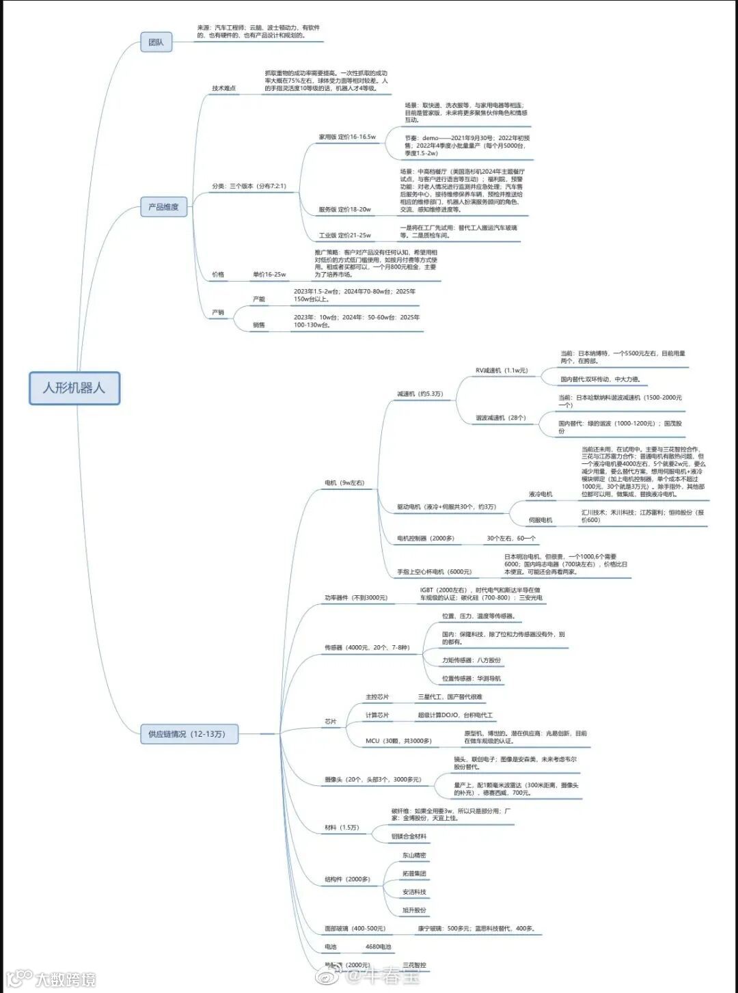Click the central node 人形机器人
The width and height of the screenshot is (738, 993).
[74, 387]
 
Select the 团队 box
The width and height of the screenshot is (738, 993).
[156, 42]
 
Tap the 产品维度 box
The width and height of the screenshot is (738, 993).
[163, 207]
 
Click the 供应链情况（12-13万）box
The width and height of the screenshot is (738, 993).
[186, 734]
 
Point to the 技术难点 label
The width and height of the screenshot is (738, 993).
[223, 88]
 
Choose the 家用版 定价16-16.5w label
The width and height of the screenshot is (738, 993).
[347, 137]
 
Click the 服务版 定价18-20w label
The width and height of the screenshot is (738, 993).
[344, 209]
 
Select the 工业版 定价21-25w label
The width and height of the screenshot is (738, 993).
[344, 235]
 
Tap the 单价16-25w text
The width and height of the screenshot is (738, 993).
[269, 275]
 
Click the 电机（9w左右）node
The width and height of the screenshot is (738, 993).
[344, 483]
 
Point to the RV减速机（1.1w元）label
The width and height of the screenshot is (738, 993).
[502, 370]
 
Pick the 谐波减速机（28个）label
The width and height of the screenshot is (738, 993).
[501, 418]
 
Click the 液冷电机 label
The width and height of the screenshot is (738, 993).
[541, 494]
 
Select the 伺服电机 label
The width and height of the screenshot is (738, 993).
[541, 520]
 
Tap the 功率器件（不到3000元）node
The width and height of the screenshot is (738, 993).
[355, 598]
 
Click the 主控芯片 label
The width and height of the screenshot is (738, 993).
[377, 697]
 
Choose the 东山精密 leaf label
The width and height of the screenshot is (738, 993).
[414, 856]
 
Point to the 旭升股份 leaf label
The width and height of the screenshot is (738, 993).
[414, 910]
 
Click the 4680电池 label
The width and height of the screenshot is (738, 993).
[379, 947]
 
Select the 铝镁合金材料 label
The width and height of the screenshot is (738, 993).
[409, 836]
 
